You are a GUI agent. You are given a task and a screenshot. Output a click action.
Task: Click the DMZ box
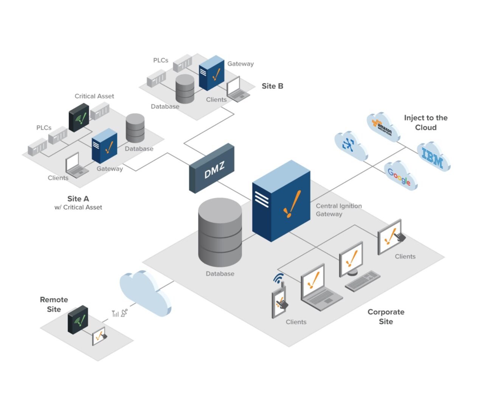tap(212, 168)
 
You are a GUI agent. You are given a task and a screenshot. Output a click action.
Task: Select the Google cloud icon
tap(400, 176)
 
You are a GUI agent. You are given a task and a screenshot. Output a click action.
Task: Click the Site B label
tap(272, 86)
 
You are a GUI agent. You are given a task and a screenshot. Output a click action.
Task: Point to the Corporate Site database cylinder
tap(220, 232)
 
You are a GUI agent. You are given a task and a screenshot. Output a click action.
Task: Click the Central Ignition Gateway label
tap(338, 210)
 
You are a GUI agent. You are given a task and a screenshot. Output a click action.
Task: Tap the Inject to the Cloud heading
tap(425, 123)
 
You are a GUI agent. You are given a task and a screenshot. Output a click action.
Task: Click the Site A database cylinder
tap(135, 128)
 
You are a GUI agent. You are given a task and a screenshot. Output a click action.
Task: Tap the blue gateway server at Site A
tap(104, 146)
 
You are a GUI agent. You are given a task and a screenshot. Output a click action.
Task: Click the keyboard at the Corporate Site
tap(362, 281)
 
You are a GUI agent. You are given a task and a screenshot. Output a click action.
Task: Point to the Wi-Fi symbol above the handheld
tap(278, 279)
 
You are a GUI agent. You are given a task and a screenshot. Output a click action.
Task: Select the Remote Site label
tap(54, 304)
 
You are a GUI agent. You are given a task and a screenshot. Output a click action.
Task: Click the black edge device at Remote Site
tap(78, 320)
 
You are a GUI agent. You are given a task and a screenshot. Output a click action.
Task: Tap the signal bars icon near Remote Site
tap(115, 313)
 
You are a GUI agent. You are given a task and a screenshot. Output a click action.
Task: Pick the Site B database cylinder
tap(185, 89)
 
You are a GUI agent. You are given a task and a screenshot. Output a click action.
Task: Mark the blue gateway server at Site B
tap(212, 73)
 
